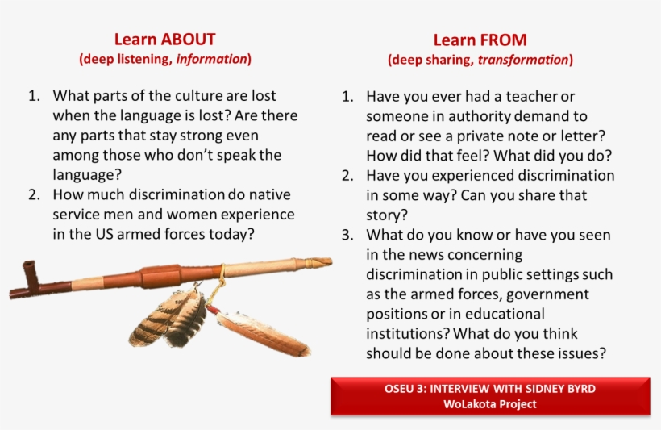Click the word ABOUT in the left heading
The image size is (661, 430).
coord(189,40)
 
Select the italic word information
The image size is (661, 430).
coord(211,59)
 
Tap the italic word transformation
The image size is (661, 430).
coord(523,60)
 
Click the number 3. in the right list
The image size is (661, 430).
coord(347,235)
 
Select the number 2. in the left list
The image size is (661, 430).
coord(34,195)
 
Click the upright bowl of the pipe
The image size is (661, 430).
coord(31,276)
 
